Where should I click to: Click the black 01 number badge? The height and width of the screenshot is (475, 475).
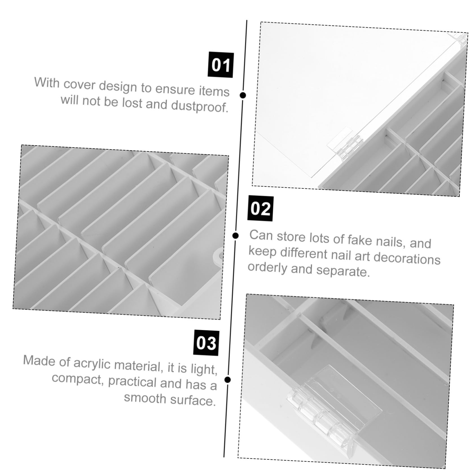(221, 65)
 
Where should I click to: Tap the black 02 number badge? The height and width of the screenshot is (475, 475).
(260, 209)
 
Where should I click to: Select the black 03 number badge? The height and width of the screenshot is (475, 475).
(206, 343)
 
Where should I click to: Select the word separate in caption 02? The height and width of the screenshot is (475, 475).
(342, 271)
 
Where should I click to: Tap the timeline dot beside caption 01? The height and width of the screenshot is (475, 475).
(243, 95)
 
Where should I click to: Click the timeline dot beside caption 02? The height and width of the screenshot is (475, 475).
(236, 235)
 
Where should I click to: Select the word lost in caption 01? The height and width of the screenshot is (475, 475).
(132, 103)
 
